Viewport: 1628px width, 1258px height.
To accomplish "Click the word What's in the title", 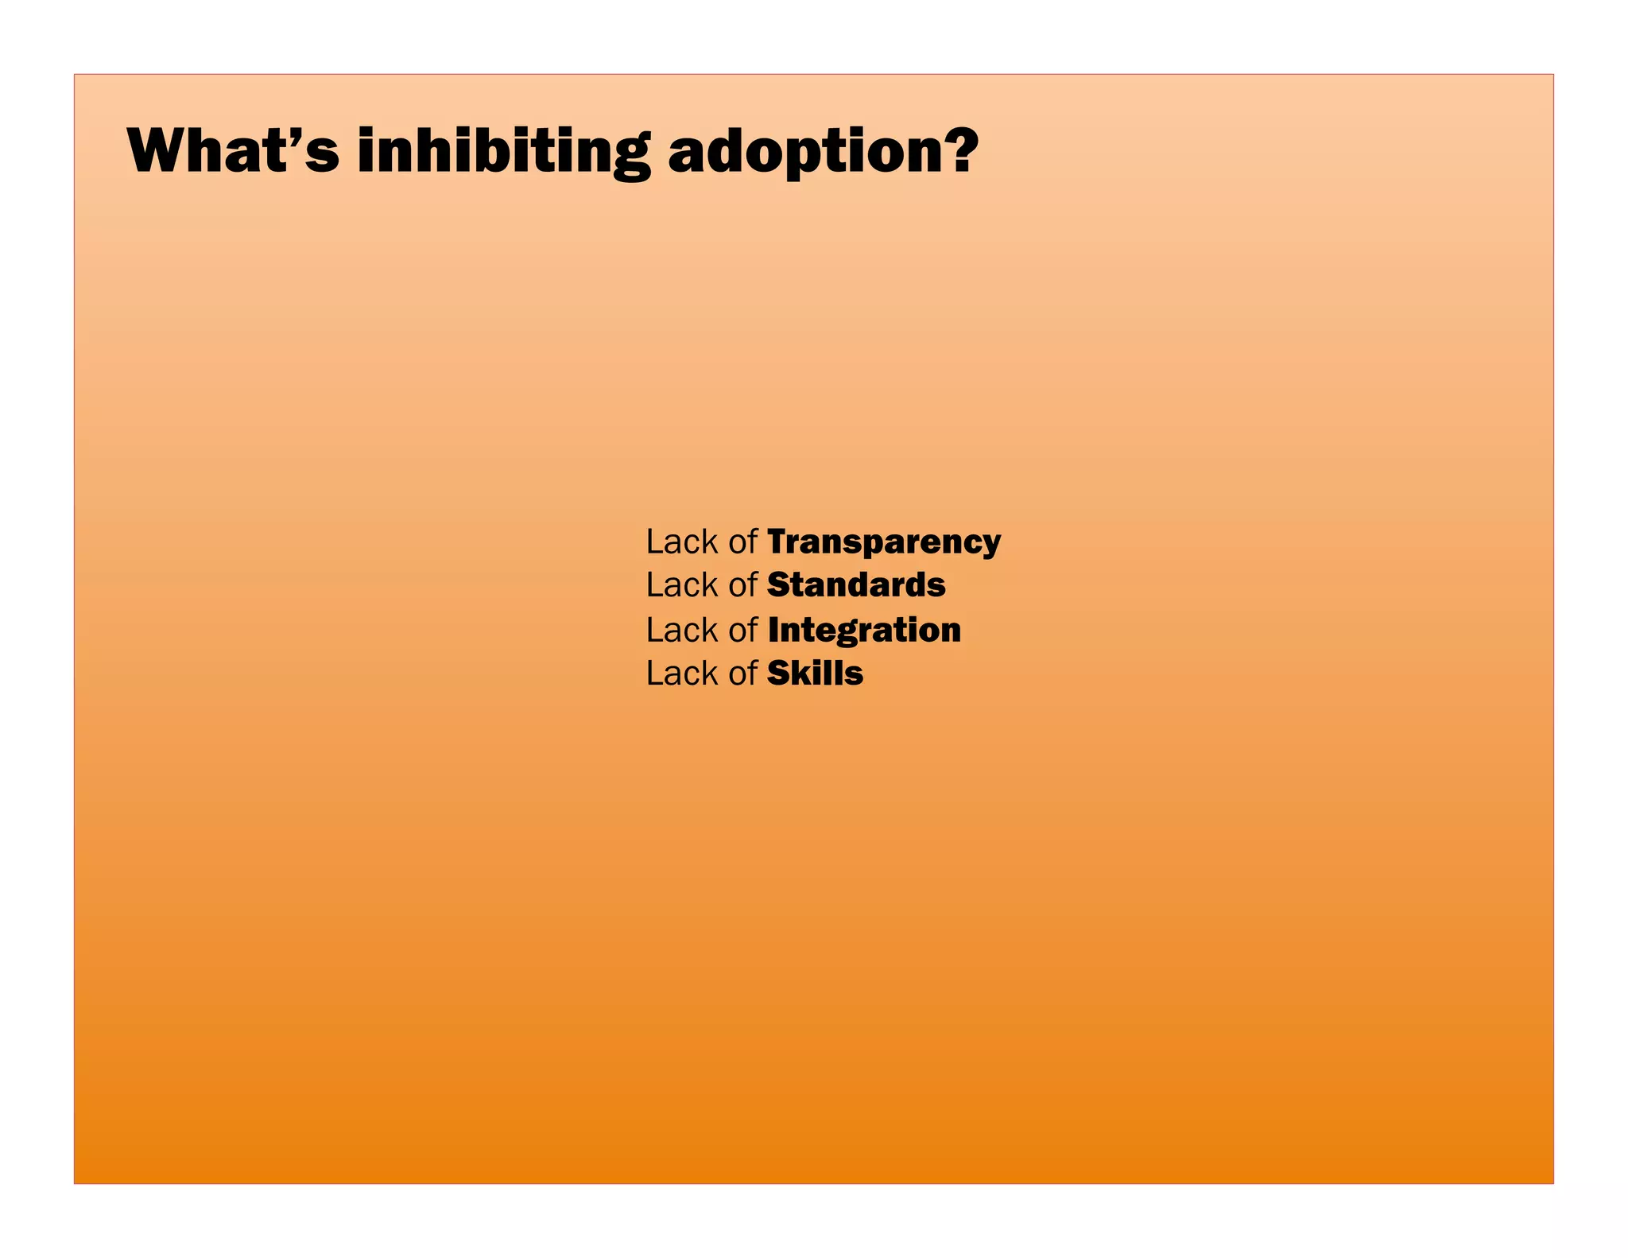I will (232, 150).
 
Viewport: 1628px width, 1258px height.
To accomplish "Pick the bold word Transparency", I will (884, 542).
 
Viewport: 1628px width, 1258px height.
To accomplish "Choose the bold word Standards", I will (856, 585).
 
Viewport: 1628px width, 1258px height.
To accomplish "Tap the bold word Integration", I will (864, 630).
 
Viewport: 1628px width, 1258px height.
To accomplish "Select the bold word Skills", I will (815, 674).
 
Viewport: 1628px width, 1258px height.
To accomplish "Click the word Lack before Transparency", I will (681, 542).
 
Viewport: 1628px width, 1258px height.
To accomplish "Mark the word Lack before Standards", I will (681, 585).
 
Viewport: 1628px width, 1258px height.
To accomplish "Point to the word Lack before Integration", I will (681, 630).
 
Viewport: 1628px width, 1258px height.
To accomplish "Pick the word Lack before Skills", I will (681, 674).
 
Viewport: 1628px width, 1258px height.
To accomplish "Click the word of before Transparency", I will (742, 542).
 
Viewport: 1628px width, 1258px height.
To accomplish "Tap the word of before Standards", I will (742, 585).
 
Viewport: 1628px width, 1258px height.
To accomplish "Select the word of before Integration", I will (742, 630).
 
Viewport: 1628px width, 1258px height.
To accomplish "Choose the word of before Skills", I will (742, 674).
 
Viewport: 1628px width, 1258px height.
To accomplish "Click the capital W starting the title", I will (158, 150).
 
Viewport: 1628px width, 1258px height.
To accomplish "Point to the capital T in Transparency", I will (778, 542).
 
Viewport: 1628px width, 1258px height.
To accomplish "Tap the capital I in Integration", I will (773, 630).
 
